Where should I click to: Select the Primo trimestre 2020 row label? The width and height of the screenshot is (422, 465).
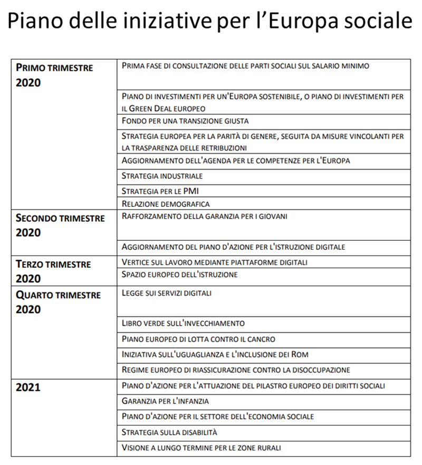pos(54,74)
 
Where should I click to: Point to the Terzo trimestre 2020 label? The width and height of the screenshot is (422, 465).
pos(53,271)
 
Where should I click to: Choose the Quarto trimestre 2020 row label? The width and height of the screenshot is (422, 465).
pos(58,301)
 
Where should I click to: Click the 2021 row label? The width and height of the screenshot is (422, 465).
pos(28,387)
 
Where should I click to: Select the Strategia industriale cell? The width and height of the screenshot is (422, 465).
pos(162,176)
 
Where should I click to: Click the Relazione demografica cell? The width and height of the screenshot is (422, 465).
pos(166,204)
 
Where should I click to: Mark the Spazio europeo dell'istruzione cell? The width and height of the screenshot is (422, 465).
pos(179,274)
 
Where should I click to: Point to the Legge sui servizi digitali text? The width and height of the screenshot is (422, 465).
pos(166,293)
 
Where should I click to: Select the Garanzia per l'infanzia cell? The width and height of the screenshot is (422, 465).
pos(165,401)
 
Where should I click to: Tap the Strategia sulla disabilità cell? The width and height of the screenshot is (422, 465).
pos(169,432)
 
